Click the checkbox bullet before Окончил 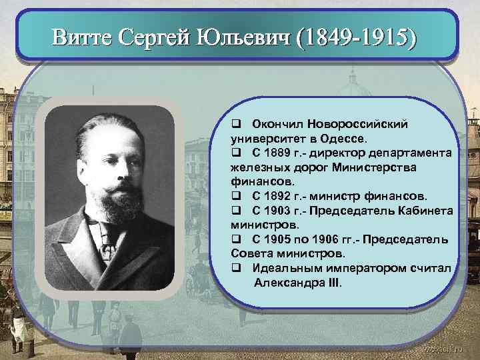point(236,124)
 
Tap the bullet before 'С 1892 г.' point(236,196)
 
